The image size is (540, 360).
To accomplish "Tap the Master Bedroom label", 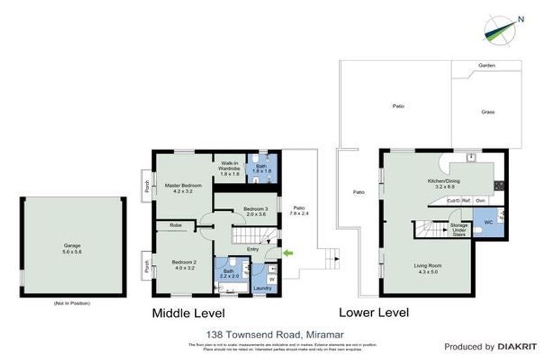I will coord(183,188).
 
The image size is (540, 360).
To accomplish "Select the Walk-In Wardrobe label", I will coord(231,169).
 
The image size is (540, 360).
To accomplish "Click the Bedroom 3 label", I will coord(256,212).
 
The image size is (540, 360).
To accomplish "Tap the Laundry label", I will coord(262,288).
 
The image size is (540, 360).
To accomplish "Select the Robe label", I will coord(176,226).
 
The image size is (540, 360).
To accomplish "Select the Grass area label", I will coord(487,111).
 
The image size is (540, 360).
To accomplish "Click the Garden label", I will coord(487,65).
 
